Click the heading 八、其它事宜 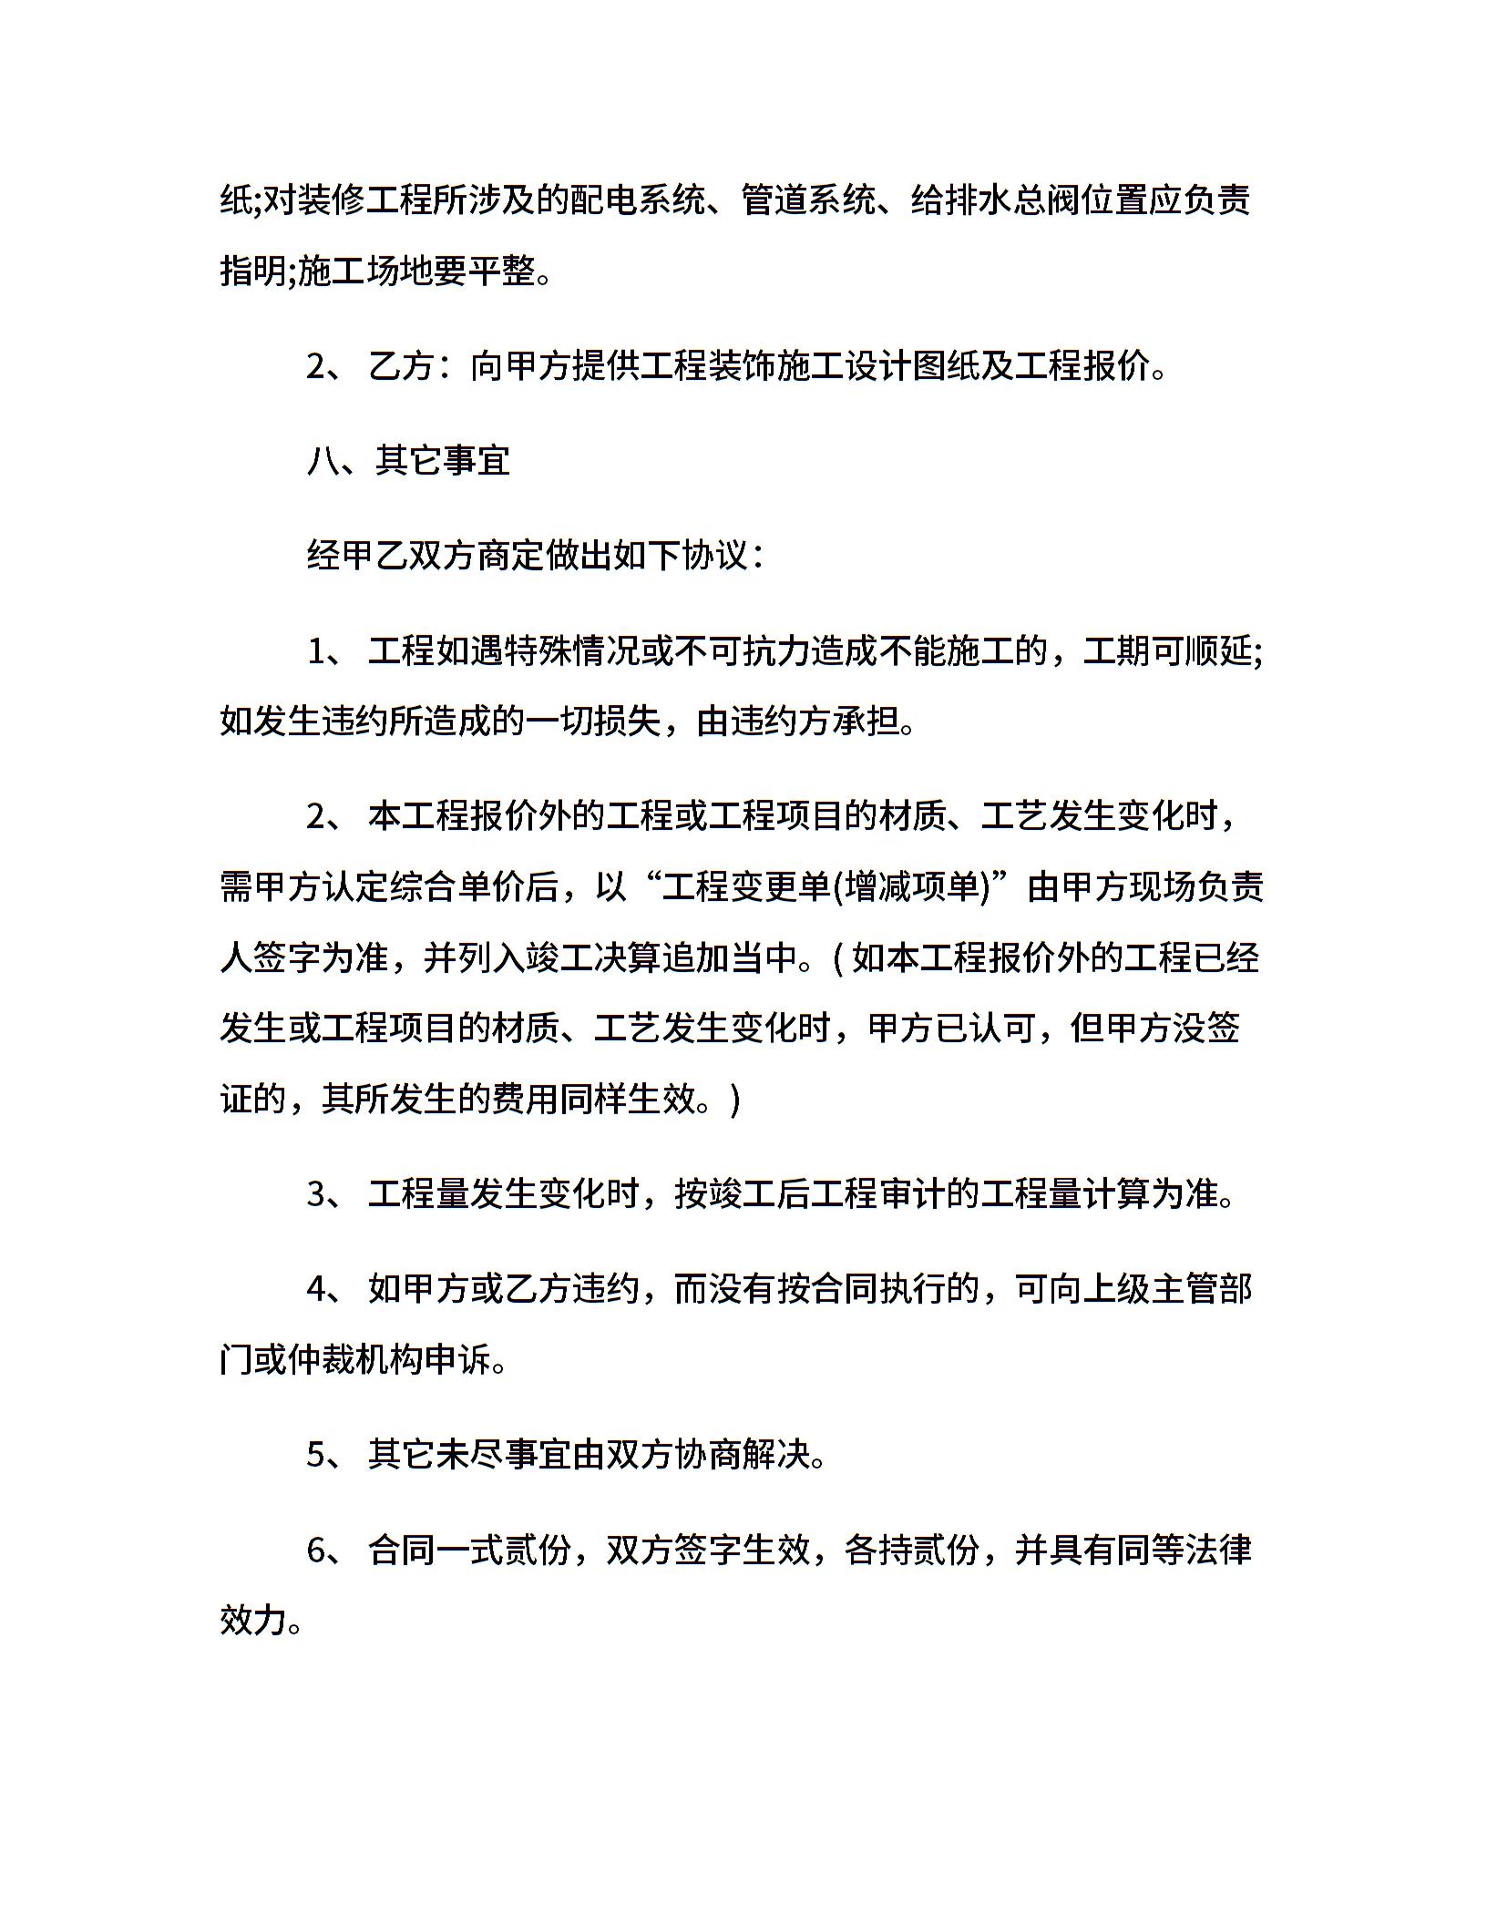coord(408,462)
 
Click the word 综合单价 coord(441,887)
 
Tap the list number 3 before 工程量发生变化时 coord(318,1194)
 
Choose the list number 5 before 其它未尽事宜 coord(318,1455)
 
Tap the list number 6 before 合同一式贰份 coord(318,1550)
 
